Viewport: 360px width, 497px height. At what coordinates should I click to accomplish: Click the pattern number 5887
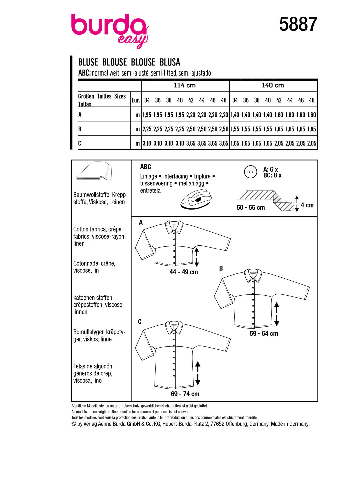tap(298, 24)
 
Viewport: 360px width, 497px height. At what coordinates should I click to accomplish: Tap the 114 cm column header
tap(185, 85)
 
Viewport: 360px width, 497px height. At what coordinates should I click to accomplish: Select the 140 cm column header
tap(272, 85)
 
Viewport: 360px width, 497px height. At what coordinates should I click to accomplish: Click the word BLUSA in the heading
tap(170, 62)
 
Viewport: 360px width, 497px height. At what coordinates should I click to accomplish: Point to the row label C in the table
tap(80, 143)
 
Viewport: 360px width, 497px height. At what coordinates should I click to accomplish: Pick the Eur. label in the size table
tap(136, 100)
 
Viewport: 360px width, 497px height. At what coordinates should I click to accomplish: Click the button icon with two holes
tap(250, 172)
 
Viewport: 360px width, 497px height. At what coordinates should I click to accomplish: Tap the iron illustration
tap(196, 199)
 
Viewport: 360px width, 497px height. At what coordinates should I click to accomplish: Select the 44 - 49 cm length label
tap(184, 272)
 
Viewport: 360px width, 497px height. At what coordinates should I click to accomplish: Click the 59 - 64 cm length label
tap(264, 333)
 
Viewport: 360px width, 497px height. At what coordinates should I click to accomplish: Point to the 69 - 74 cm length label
tap(185, 394)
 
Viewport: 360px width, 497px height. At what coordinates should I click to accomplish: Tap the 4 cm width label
tap(307, 205)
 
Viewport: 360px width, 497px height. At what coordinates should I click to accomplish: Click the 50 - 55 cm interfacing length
tap(251, 207)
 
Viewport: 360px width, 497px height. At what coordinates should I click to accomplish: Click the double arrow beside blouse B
tap(276, 314)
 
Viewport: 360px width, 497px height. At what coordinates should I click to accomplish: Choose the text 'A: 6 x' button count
tap(270, 169)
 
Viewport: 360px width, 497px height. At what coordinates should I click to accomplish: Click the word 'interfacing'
tap(175, 176)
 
